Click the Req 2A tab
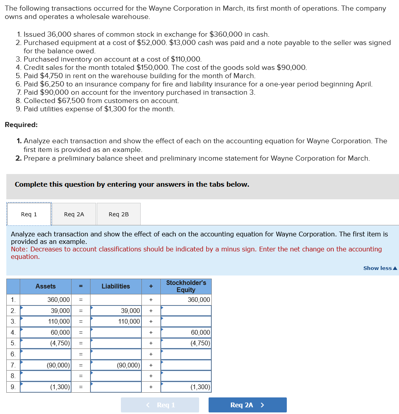[74, 214]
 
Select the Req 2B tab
[119, 214]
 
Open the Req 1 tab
[29, 214]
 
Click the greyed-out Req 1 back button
[160, 405]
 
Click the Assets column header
[45, 286]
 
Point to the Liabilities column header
[116, 286]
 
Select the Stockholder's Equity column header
[186, 286]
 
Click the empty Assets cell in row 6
[45, 354]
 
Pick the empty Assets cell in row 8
[45, 376]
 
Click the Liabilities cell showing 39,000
[116, 311]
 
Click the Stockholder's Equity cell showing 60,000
[186, 333]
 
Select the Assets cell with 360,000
[45, 300]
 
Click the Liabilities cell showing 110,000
[116, 322]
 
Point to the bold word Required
[21, 125]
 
